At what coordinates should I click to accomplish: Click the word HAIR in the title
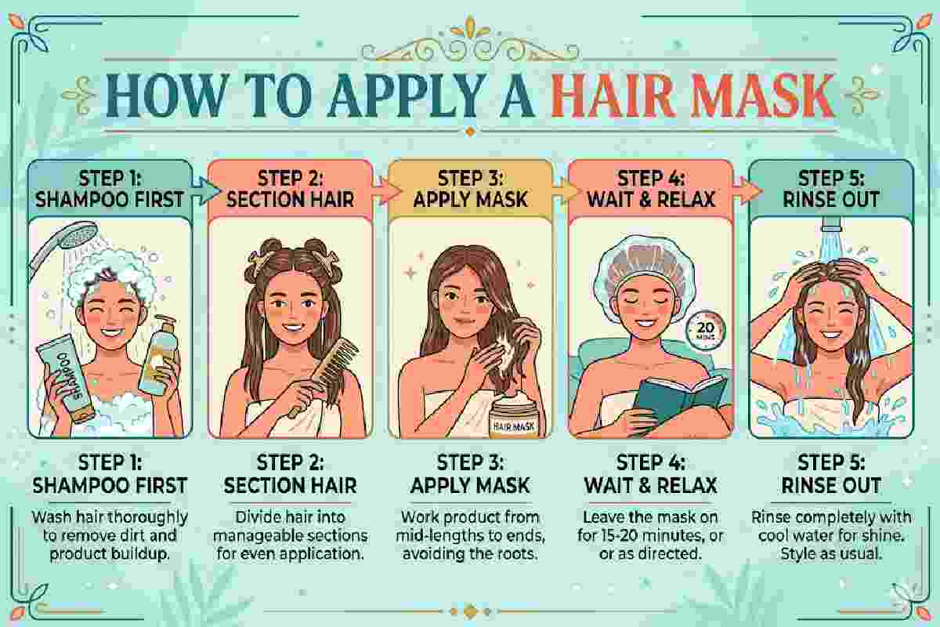(609, 96)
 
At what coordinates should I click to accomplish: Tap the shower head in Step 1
(63, 248)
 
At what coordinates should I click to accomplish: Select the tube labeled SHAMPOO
(66, 378)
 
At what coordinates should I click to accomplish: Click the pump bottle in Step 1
(160, 356)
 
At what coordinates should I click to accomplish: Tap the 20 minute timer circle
(706, 330)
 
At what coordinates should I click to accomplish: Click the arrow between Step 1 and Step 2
(205, 191)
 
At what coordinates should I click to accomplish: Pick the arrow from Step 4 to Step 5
(747, 191)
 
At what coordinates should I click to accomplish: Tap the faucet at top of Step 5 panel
(830, 225)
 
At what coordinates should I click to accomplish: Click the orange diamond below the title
(470, 132)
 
